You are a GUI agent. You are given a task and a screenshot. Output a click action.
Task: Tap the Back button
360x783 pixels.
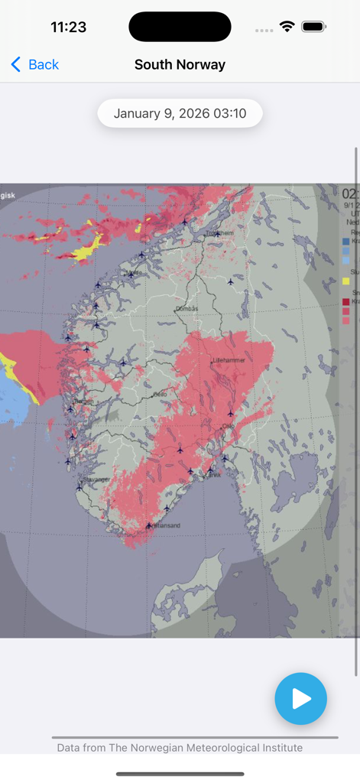pyautogui.click(x=35, y=65)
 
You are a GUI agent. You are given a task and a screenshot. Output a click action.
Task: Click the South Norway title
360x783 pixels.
pyautogui.click(x=180, y=65)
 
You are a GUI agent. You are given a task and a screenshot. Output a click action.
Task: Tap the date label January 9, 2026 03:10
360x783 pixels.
pyautogui.click(x=180, y=113)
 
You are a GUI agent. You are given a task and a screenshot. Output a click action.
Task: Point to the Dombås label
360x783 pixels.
pyautogui.click(x=187, y=308)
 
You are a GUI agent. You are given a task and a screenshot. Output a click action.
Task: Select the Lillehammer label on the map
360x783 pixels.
pyautogui.click(x=228, y=359)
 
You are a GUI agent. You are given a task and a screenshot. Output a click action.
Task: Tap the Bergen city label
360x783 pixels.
pyautogui.click(x=83, y=401)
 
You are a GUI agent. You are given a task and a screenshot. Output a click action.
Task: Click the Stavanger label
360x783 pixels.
pyautogui.click(x=97, y=479)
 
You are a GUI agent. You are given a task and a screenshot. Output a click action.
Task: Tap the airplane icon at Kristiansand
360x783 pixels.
pyautogui.click(x=149, y=525)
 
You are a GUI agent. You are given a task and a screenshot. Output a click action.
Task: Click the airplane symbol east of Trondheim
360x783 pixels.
pyautogui.click(x=230, y=282)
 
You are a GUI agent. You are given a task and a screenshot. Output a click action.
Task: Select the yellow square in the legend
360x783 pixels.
pyautogui.click(x=346, y=281)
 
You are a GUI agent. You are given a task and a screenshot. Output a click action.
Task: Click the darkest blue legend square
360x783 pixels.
pyautogui.click(x=346, y=241)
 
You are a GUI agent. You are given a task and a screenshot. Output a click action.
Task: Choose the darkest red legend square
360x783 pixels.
pyautogui.click(x=346, y=302)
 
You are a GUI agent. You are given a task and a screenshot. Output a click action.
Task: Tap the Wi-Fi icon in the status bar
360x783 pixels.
pyautogui.click(x=287, y=27)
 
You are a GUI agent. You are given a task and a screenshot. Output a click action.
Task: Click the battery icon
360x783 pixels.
pyautogui.click(x=313, y=27)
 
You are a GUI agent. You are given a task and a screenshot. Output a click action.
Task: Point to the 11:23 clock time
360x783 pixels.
pyautogui.click(x=69, y=27)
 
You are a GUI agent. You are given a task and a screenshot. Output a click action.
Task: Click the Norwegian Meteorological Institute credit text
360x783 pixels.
pyautogui.click(x=180, y=747)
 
